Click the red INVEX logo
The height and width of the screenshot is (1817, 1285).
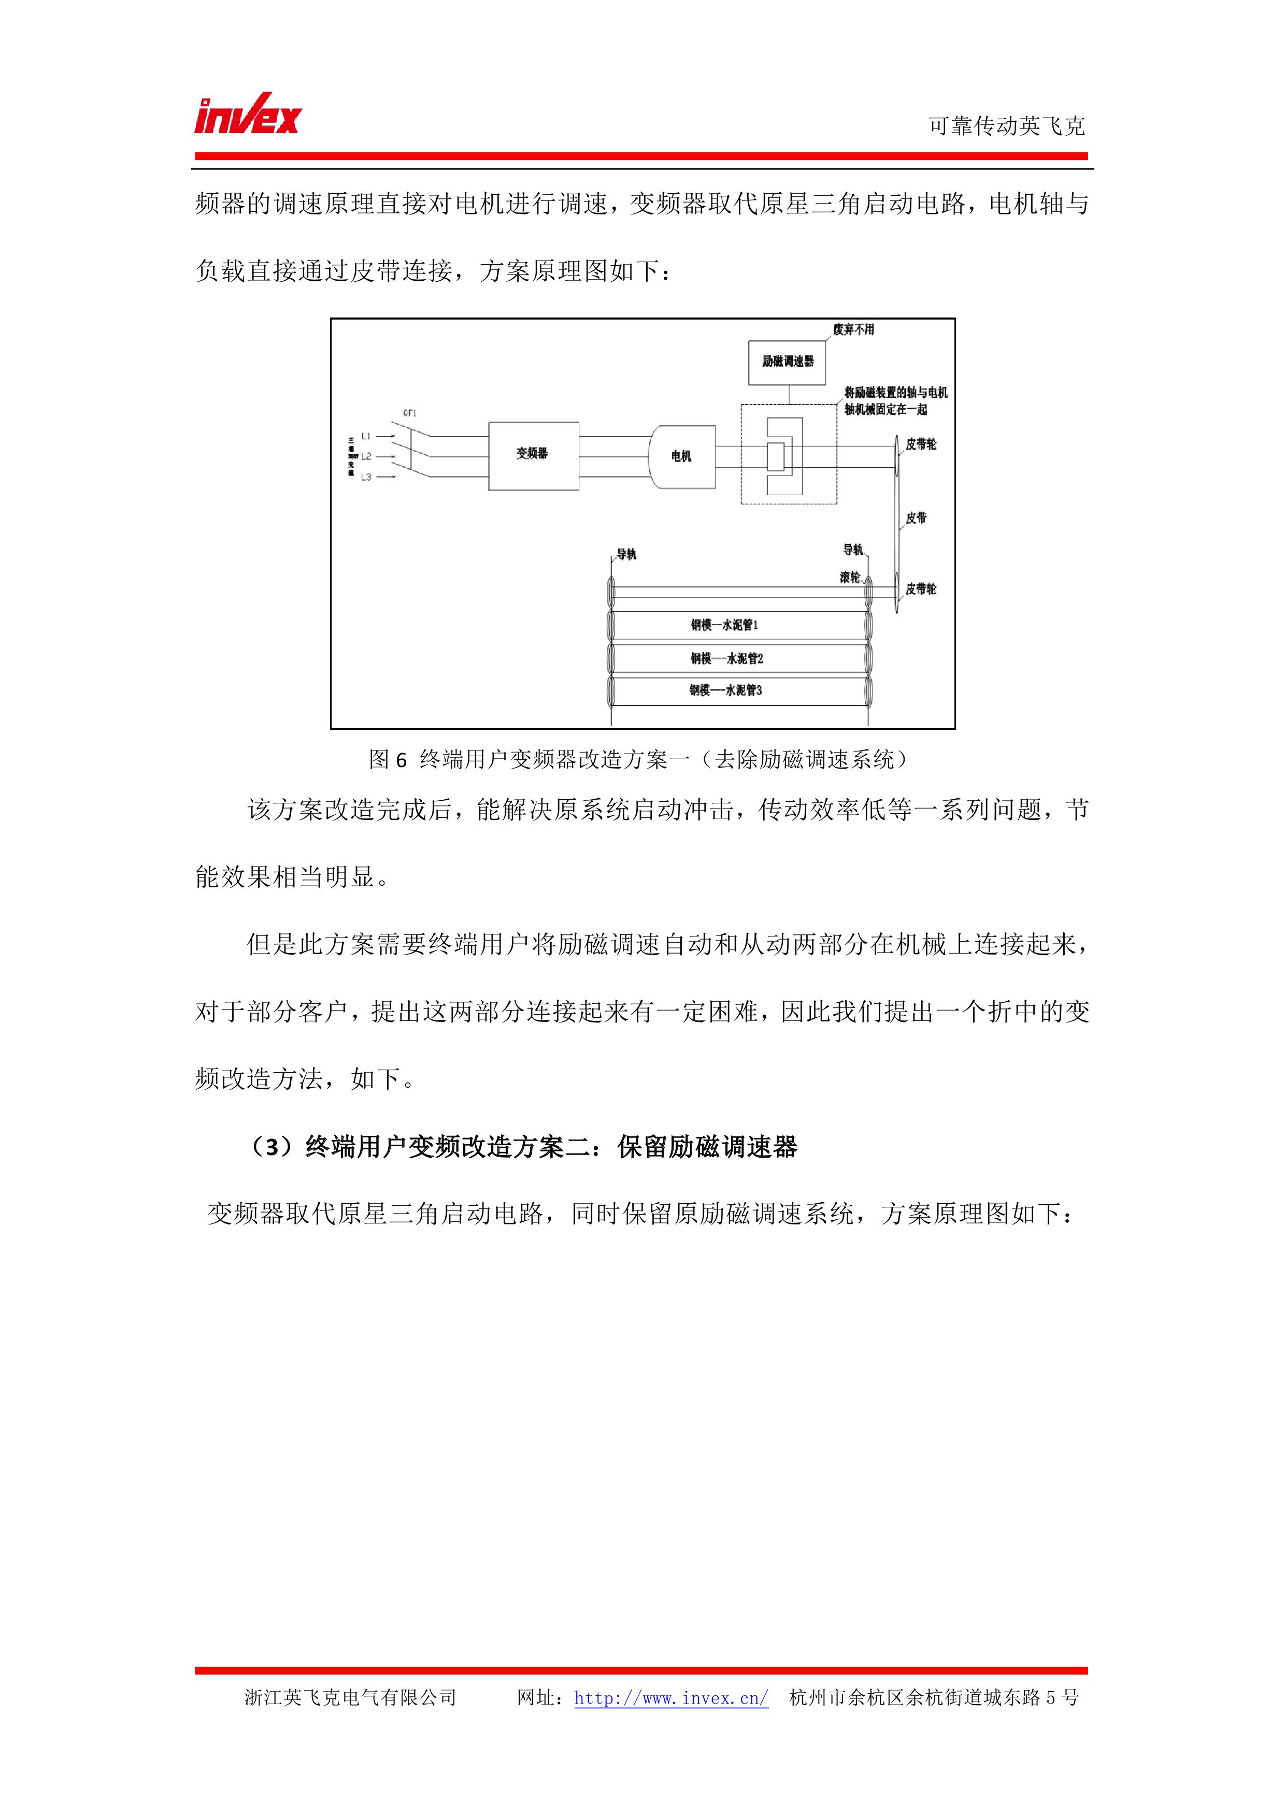point(248,115)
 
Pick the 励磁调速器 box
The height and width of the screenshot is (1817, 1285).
point(788,362)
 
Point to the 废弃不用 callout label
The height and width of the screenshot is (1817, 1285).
point(853,330)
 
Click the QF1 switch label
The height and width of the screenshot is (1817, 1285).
point(410,413)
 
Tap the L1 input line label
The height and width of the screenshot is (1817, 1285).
point(366,436)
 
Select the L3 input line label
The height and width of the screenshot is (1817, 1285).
point(366,477)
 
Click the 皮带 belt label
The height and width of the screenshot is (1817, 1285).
point(916,518)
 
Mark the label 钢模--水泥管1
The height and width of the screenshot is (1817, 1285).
point(724,625)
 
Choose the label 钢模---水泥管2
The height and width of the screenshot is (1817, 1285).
point(726,658)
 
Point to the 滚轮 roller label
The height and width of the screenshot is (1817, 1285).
point(850,578)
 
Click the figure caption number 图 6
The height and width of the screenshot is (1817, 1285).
point(388,760)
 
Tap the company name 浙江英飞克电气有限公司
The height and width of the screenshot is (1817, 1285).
point(351,1697)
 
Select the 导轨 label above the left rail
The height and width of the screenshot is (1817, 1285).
point(626,555)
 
